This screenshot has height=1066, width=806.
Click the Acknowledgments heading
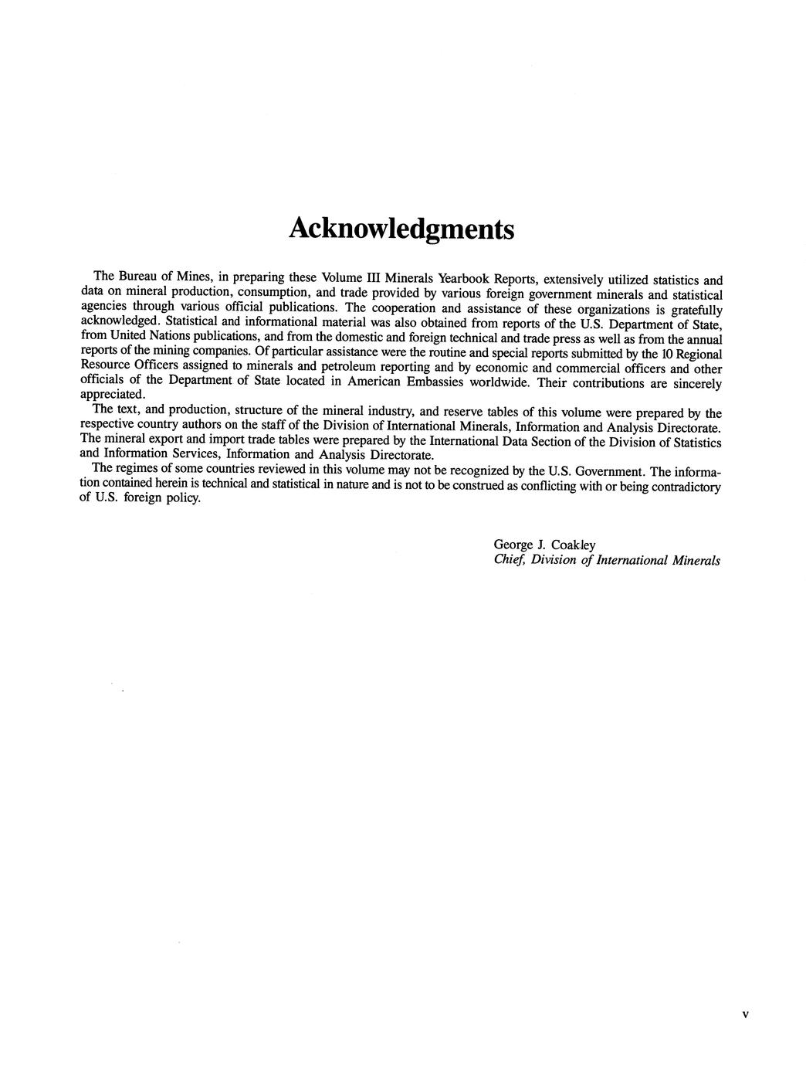coord(401,229)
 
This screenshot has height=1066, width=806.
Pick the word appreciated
coord(112,395)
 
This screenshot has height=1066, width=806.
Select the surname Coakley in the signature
coord(573,545)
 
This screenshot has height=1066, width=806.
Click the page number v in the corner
coord(744,1014)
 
